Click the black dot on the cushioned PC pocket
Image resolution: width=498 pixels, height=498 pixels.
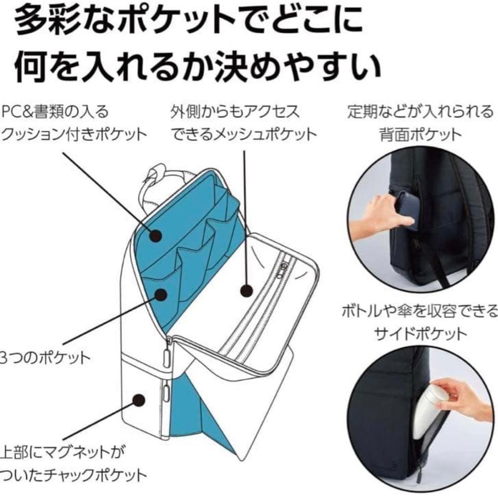tap(156, 235)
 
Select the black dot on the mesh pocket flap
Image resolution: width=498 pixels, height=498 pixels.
tap(247, 290)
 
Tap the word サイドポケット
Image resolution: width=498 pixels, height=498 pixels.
tap(421, 333)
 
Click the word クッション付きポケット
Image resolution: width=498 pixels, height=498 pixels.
tap(74, 134)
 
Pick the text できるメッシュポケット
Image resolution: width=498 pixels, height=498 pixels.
tap(244, 134)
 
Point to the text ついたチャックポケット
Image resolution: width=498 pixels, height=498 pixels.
tap(74, 474)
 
